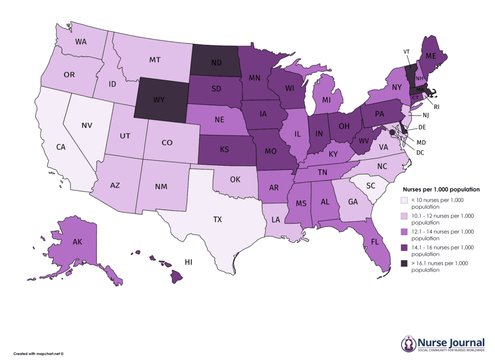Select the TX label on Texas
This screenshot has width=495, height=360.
(217, 220)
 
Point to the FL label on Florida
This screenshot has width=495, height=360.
(374, 242)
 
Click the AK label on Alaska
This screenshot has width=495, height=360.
(77, 242)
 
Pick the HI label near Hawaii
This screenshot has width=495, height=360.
(189, 262)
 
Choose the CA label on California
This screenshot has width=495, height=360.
(61, 147)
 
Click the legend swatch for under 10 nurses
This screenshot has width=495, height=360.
(405, 200)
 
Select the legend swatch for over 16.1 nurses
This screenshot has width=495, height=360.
(405, 264)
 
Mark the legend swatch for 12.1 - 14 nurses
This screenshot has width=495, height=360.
(405, 232)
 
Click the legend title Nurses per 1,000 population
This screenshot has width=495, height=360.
(440, 189)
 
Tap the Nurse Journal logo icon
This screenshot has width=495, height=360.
(408, 344)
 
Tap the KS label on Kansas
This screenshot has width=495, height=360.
(225, 149)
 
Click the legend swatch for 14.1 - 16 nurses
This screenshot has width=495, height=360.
(405, 248)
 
